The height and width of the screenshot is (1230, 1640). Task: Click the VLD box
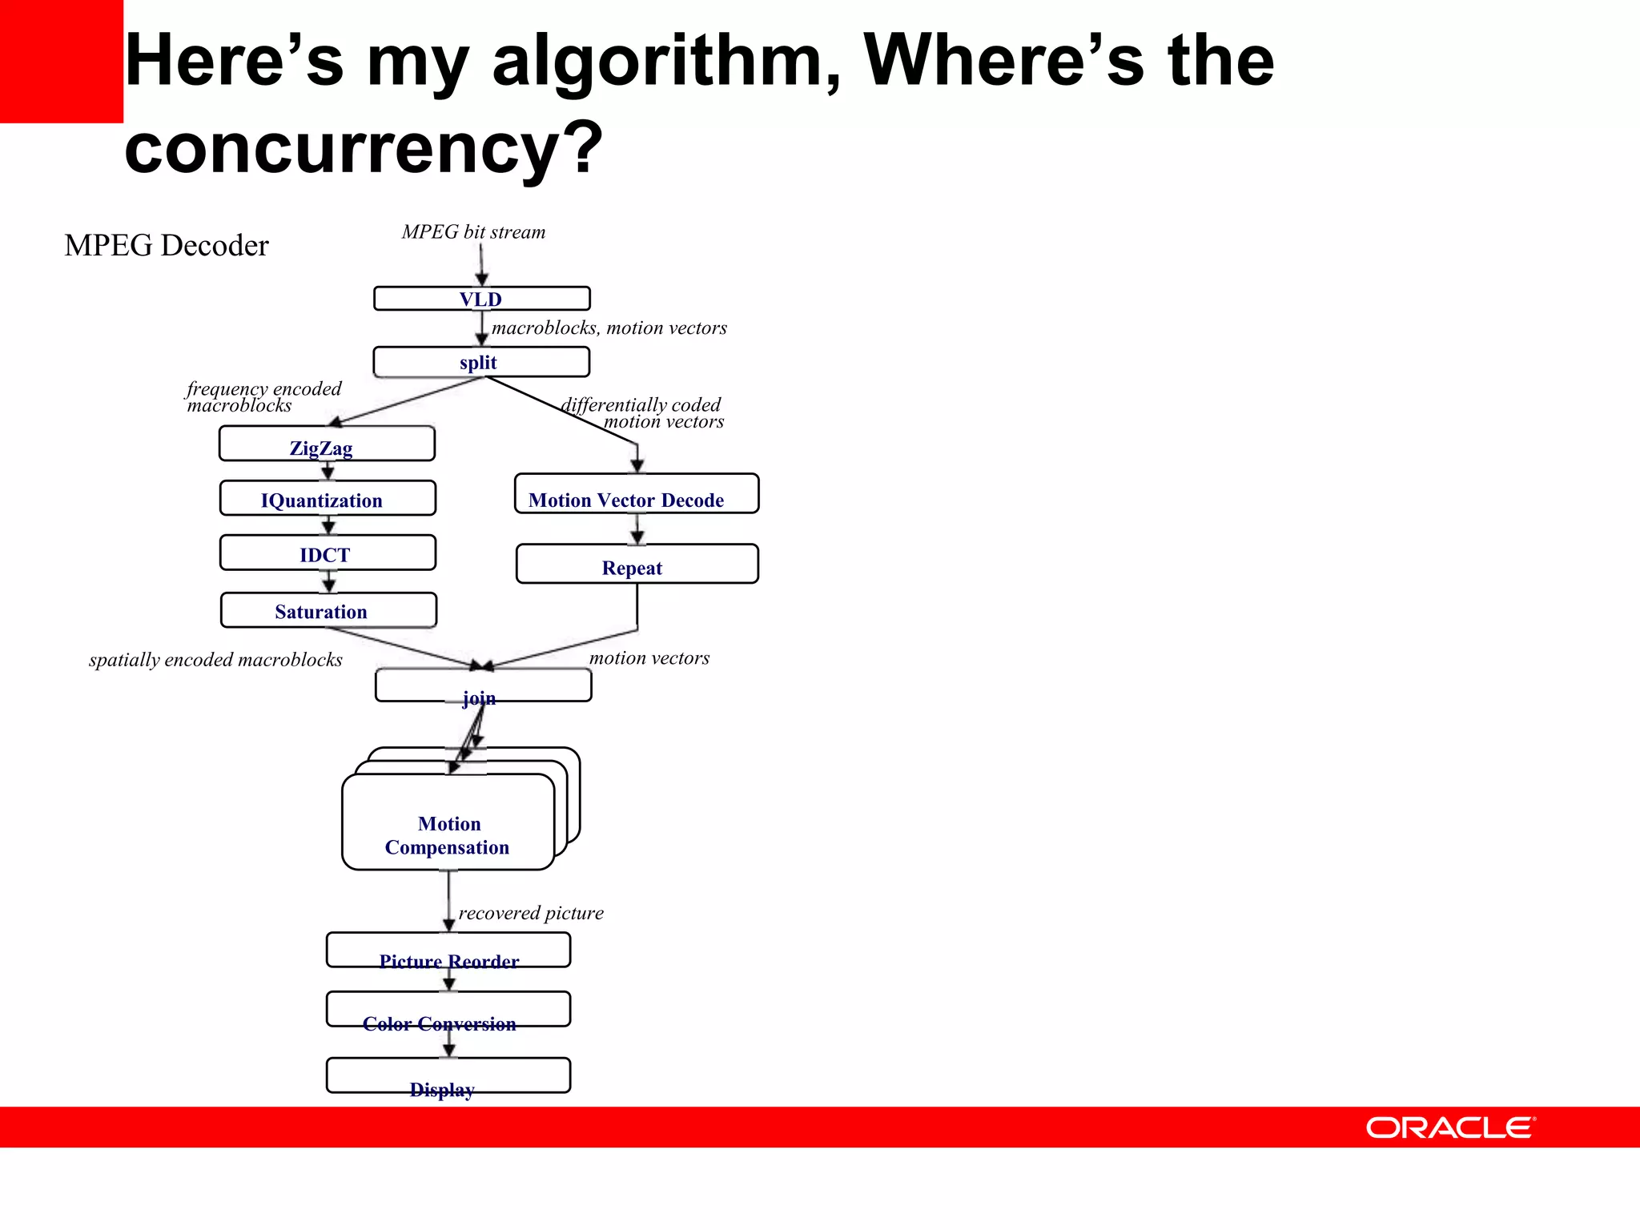tap(481, 299)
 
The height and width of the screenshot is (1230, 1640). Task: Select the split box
tap(481, 362)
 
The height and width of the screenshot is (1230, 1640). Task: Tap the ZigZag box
tap(327, 444)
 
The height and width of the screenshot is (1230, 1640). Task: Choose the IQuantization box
tap(328, 499)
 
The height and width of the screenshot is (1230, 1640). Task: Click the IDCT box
tap(328, 553)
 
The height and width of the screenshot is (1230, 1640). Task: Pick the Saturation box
tap(328, 610)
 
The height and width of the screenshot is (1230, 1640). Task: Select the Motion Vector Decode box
tap(636, 494)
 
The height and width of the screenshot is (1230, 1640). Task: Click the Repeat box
tap(637, 565)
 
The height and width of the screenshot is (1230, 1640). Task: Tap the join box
tap(483, 686)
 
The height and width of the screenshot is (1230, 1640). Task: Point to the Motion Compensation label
tap(448, 835)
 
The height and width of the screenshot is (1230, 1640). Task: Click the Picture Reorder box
tap(448, 951)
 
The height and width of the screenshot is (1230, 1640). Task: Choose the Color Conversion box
tap(448, 1011)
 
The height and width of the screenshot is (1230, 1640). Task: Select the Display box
tap(448, 1076)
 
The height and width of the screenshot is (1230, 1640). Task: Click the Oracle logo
tap(1449, 1127)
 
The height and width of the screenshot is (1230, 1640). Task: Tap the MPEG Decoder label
tap(167, 246)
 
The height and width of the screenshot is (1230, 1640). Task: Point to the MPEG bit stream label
tap(473, 232)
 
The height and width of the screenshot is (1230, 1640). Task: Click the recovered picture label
tap(531, 914)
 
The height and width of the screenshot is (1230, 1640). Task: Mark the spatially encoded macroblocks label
tap(215, 660)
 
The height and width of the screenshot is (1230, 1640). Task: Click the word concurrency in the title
tap(363, 147)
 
